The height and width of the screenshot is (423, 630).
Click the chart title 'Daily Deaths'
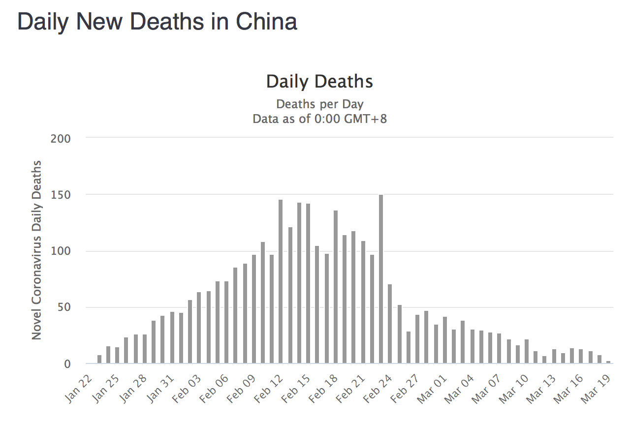[x=319, y=82]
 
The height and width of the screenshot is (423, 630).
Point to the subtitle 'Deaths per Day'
[x=319, y=104]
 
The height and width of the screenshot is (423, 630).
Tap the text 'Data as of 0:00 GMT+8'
[x=319, y=119]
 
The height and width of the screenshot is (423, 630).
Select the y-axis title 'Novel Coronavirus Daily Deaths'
[x=36, y=250]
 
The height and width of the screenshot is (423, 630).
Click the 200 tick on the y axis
[x=61, y=138]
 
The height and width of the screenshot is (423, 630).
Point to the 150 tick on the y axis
[x=61, y=195]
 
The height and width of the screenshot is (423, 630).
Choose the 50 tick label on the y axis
[x=64, y=307]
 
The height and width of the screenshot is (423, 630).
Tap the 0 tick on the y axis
[x=67, y=364]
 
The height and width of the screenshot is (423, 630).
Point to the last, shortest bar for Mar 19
[x=608, y=363]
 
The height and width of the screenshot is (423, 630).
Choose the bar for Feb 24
[x=390, y=324]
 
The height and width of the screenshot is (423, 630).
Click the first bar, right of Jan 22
[x=99, y=360]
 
